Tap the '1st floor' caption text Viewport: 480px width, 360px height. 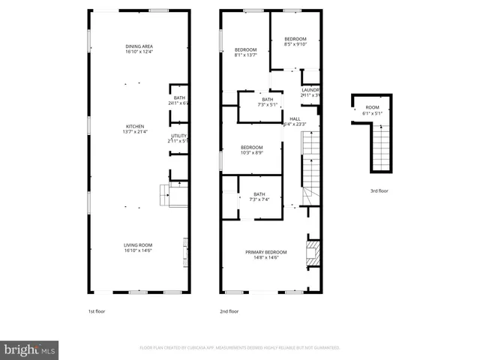[x=97, y=311]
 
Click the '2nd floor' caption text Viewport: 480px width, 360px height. [x=229, y=311]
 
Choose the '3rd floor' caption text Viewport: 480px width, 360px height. [x=378, y=191]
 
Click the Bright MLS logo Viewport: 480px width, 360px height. [x=30, y=349]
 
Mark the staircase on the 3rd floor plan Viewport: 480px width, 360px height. [x=382, y=150]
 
